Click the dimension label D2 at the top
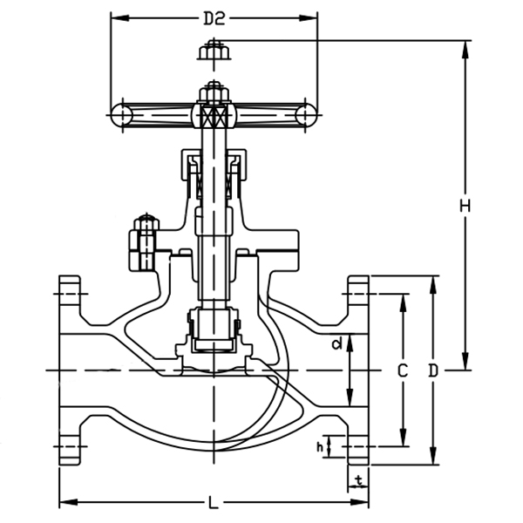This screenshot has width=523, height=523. tap(214, 17)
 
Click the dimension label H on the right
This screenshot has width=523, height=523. tap(465, 206)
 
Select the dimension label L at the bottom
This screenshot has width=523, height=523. tap(214, 503)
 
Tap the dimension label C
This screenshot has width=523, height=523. tap(402, 370)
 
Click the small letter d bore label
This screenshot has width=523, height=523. tap(336, 344)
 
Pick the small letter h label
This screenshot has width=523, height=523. tap(321, 447)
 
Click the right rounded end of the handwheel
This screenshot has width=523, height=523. tap(305, 113)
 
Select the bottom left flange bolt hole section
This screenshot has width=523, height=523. tap(70, 450)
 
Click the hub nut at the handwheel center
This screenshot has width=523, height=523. tap(214, 92)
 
